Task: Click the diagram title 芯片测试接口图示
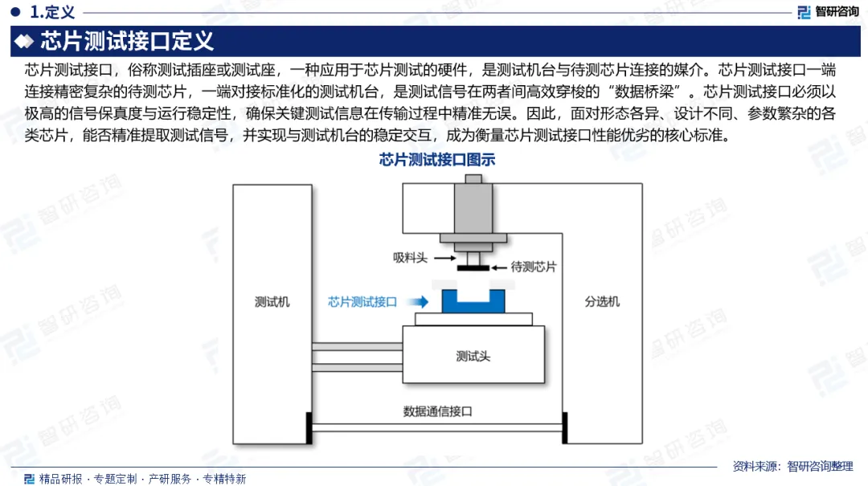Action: coord(436,160)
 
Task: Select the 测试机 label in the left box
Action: coord(272,302)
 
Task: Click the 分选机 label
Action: coord(602,302)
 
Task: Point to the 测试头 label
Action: coord(473,356)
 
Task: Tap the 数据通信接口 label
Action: coord(437,411)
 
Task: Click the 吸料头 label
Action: coord(409,258)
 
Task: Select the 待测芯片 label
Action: coord(534,267)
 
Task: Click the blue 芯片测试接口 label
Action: coord(362,302)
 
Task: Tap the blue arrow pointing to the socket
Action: coord(416,302)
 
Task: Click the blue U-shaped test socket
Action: coord(473,301)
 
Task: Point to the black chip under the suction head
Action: coord(473,268)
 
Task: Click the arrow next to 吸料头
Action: coord(442,258)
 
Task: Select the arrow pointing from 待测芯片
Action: coord(499,267)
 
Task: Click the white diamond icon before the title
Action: coord(24,40)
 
